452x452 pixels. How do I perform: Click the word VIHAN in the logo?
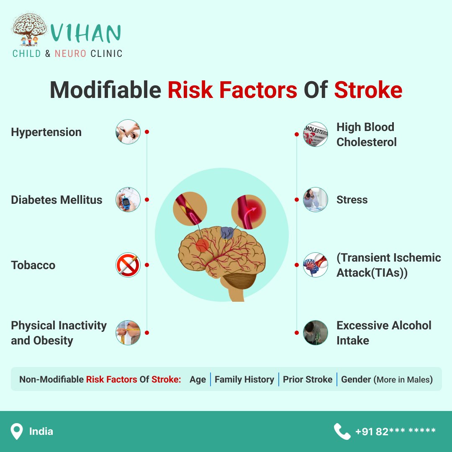point(86,33)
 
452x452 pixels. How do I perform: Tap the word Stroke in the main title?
point(368,90)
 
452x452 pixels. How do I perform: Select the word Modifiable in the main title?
point(105,90)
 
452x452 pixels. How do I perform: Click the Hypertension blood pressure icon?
point(128,132)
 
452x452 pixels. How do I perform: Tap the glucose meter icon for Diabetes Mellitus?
point(128,200)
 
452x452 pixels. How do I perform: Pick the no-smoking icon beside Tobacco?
point(128,265)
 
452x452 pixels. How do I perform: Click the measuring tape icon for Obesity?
point(128,333)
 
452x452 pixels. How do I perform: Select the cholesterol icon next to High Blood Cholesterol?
point(316,134)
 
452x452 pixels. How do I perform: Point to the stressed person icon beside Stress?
point(316,200)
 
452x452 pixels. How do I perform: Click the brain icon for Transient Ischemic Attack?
point(316,265)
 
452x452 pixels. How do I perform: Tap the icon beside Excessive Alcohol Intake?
point(316,333)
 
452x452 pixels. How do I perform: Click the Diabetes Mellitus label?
point(56,200)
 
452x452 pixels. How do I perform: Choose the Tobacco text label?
point(33,265)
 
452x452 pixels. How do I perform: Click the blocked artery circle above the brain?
point(190,209)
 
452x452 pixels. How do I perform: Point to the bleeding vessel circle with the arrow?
point(249,212)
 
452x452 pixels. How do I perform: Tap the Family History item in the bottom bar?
point(244,379)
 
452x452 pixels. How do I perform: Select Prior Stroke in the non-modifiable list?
point(308,379)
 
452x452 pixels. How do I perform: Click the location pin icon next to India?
point(17,431)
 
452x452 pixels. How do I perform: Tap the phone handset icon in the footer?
point(342,431)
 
